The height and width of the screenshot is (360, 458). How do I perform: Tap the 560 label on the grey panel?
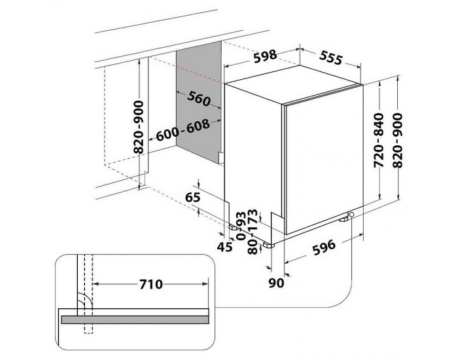[x=196, y=99]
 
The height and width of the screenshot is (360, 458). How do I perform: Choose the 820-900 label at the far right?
[x=398, y=139]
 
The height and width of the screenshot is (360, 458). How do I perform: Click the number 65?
[x=192, y=197]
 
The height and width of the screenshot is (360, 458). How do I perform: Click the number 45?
[x=224, y=246]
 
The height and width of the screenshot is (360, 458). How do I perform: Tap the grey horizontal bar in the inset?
[x=135, y=319]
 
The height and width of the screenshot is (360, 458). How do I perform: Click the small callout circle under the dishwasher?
[x=352, y=215]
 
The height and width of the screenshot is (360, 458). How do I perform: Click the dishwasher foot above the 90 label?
[x=268, y=245]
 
